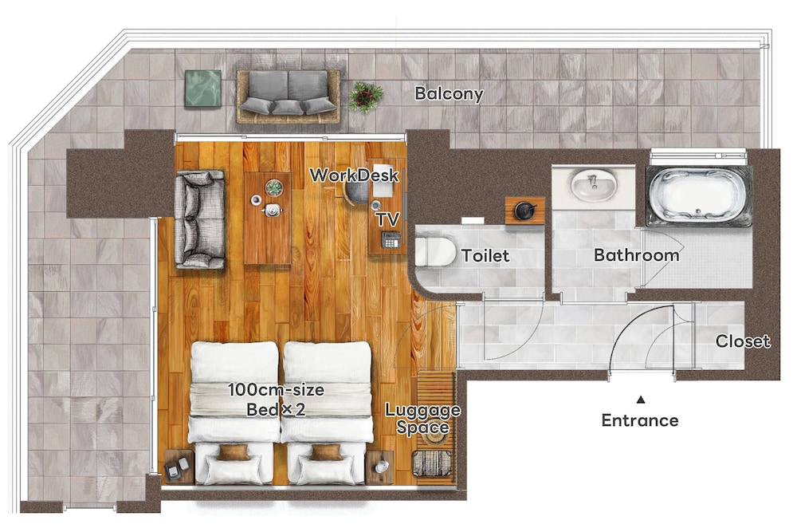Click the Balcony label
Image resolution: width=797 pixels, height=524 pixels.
click(x=449, y=94)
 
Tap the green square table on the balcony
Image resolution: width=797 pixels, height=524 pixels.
click(x=202, y=89)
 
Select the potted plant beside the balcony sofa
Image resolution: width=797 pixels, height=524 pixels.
click(x=366, y=97)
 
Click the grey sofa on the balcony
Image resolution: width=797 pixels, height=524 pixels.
click(x=289, y=97)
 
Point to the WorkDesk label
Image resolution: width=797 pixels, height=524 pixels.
click(x=355, y=175)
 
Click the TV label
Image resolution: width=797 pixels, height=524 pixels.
click(x=387, y=219)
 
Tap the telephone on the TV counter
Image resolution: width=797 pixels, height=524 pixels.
click(x=391, y=239)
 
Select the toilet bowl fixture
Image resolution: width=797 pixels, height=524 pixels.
click(x=435, y=251)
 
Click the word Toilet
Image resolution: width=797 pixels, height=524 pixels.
click(x=485, y=255)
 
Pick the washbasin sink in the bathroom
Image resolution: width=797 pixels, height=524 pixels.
click(x=594, y=185)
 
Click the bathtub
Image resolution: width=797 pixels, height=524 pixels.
click(x=698, y=196)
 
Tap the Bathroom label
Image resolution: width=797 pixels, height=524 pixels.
click(x=636, y=255)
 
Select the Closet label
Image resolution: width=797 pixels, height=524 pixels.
click(x=743, y=341)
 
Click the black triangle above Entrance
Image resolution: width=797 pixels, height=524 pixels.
click(x=641, y=400)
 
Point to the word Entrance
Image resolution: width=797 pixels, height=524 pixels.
click(x=639, y=421)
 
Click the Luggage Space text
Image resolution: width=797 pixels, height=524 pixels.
click(x=423, y=419)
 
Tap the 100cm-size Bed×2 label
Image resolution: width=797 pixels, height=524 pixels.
click(x=276, y=400)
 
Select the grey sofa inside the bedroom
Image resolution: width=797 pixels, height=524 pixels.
click(x=199, y=219)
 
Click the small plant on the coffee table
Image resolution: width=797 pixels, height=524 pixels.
click(x=274, y=187)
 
